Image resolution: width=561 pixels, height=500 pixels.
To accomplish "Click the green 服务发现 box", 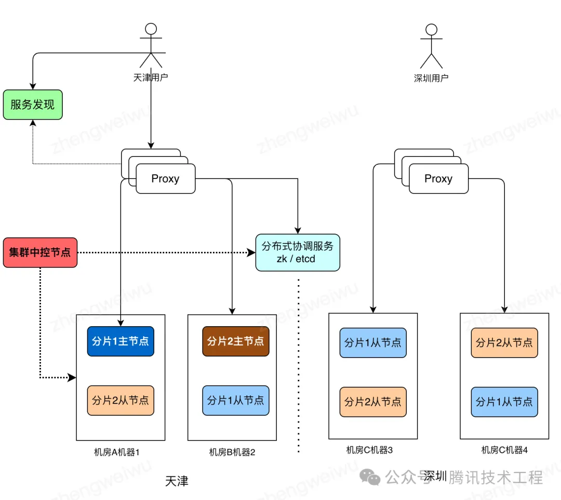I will pyautogui.click(x=33, y=105).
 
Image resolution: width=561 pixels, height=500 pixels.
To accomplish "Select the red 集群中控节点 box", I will pyautogui.click(x=40, y=252).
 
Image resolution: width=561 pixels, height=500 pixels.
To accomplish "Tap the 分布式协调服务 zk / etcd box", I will pyautogui.click(x=298, y=252).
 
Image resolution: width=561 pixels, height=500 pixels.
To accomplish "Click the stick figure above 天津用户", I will pyautogui.click(x=151, y=45).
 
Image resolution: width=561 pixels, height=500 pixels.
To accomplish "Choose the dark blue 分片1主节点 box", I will pyautogui.click(x=121, y=341).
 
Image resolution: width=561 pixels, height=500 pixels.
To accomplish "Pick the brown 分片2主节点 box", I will pyautogui.click(x=236, y=341).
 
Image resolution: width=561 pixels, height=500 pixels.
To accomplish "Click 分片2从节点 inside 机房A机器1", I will pyautogui.click(x=121, y=400).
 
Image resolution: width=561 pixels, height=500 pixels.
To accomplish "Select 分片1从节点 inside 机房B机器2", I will pyautogui.click(x=236, y=400).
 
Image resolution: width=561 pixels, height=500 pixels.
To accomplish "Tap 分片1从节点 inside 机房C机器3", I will pyautogui.click(x=373, y=343).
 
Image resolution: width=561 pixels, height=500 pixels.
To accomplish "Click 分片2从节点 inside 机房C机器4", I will pyautogui.click(x=504, y=343).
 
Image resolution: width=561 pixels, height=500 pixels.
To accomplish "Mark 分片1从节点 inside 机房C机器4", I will pyautogui.click(x=504, y=402).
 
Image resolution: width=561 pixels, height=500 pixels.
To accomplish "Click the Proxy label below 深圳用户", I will pyautogui.click(x=438, y=178).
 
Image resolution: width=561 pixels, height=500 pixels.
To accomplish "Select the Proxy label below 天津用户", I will pyautogui.click(x=165, y=178).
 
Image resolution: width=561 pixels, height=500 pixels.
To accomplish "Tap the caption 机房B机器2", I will pyautogui.click(x=232, y=452).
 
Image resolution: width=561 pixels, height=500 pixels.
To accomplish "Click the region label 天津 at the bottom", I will pyautogui.click(x=177, y=481).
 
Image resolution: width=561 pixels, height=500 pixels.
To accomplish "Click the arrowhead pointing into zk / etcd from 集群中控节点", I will pyautogui.click(x=251, y=252).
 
